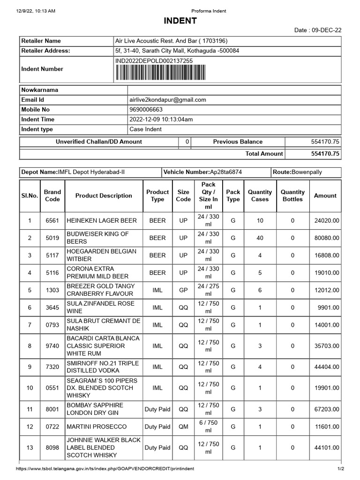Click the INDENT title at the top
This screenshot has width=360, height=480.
tap(180, 21)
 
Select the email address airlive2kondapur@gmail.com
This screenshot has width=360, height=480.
tap(168, 100)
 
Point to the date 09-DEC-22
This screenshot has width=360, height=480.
tap(325, 30)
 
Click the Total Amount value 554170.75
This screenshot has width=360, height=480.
tap(325, 154)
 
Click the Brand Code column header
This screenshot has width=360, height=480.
tap(52, 196)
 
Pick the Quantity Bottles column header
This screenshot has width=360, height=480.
tap(292, 196)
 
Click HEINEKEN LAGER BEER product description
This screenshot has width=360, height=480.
tap(102, 220)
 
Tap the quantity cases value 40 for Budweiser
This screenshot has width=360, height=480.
tap(260, 238)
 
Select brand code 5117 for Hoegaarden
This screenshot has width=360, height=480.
tap(52, 255)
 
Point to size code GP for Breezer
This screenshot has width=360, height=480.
tap(183, 290)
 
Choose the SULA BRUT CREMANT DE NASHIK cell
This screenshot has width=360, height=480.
tap(103, 325)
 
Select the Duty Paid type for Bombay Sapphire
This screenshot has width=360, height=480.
tap(157, 409)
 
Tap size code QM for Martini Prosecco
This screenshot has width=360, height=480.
tap(183, 427)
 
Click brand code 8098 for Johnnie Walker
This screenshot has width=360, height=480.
tap(52, 448)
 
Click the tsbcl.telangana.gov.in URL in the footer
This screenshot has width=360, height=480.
tap(105, 469)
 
